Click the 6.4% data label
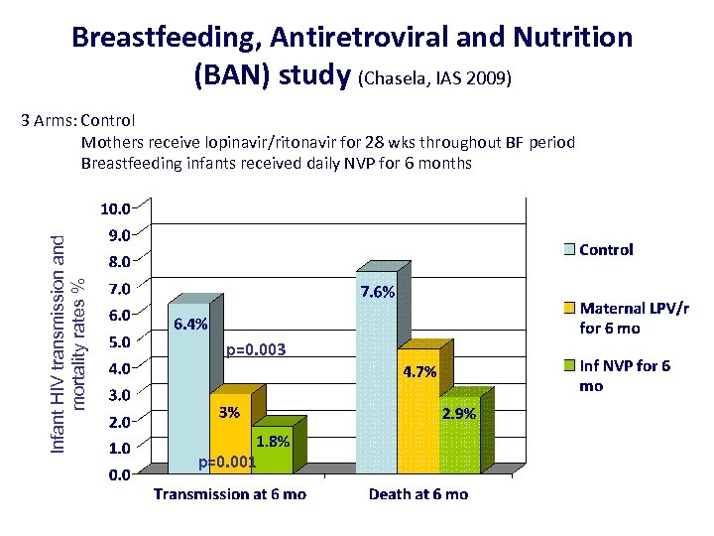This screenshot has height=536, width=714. pos(190,325)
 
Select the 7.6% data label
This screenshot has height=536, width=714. pos(378,292)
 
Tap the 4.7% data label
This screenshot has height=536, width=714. pos(419,373)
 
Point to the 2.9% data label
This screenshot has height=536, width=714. pos(459,414)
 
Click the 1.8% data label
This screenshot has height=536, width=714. pos(272,442)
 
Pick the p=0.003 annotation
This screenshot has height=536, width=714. pos(256,349)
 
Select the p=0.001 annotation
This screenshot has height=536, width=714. pos(227,462)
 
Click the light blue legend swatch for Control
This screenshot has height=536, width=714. pos(569,250)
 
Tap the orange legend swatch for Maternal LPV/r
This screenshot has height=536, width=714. pos(569,309)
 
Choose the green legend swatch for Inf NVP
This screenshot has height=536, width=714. pos(569,366)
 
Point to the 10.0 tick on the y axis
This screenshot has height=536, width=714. pos(115,208)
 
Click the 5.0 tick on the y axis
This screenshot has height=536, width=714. pos(119,341)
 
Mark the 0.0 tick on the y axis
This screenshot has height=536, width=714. pos(119,474)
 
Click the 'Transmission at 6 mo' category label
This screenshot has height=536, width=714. pos(229,494)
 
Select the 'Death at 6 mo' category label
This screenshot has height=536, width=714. pos(418,494)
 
